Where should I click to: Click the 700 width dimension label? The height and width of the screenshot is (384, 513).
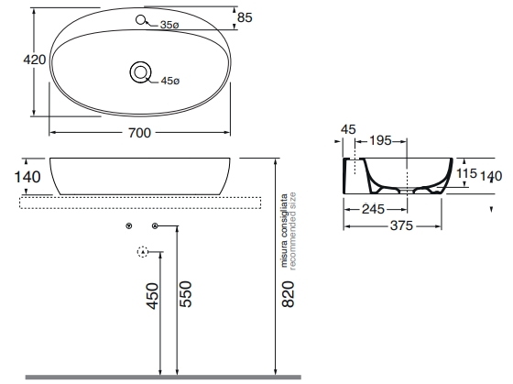pyautogui.click(x=139, y=133)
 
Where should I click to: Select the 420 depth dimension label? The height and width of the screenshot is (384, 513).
pyautogui.click(x=35, y=60)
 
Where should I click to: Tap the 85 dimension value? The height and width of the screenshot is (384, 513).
pyautogui.click(x=245, y=17)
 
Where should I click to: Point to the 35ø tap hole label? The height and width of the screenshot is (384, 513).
pyautogui.click(x=169, y=25)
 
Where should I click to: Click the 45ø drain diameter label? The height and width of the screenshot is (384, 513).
pyautogui.click(x=170, y=81)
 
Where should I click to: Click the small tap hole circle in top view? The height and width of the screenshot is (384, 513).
pyautogui.click(x=140, y=20)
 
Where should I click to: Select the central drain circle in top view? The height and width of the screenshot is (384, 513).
pyautogui.click(x=141, y=72)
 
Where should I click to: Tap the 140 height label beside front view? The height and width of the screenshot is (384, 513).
pyautogui.click(x=27, y=177)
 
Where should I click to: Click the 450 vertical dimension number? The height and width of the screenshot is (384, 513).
pyautogui.click(x=152, y=296)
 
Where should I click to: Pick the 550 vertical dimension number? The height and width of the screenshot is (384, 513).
pyautogui.click(x=185, y=294)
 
